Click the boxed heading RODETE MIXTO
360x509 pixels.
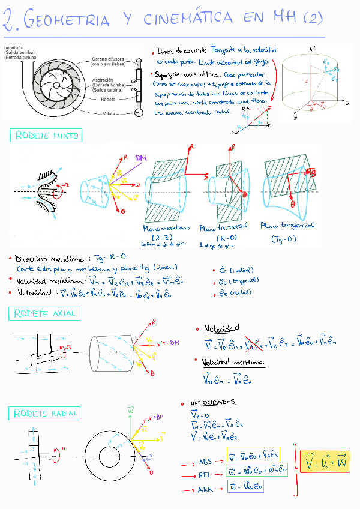point(46,136)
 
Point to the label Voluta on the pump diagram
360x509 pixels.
point(109,113)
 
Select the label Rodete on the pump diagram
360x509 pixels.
point(109,99)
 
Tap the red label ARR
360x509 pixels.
point(205,490)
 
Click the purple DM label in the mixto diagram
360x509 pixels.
point(142,158)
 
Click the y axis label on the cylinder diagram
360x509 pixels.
point(347,103)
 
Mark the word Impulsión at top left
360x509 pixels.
point(14,47)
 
